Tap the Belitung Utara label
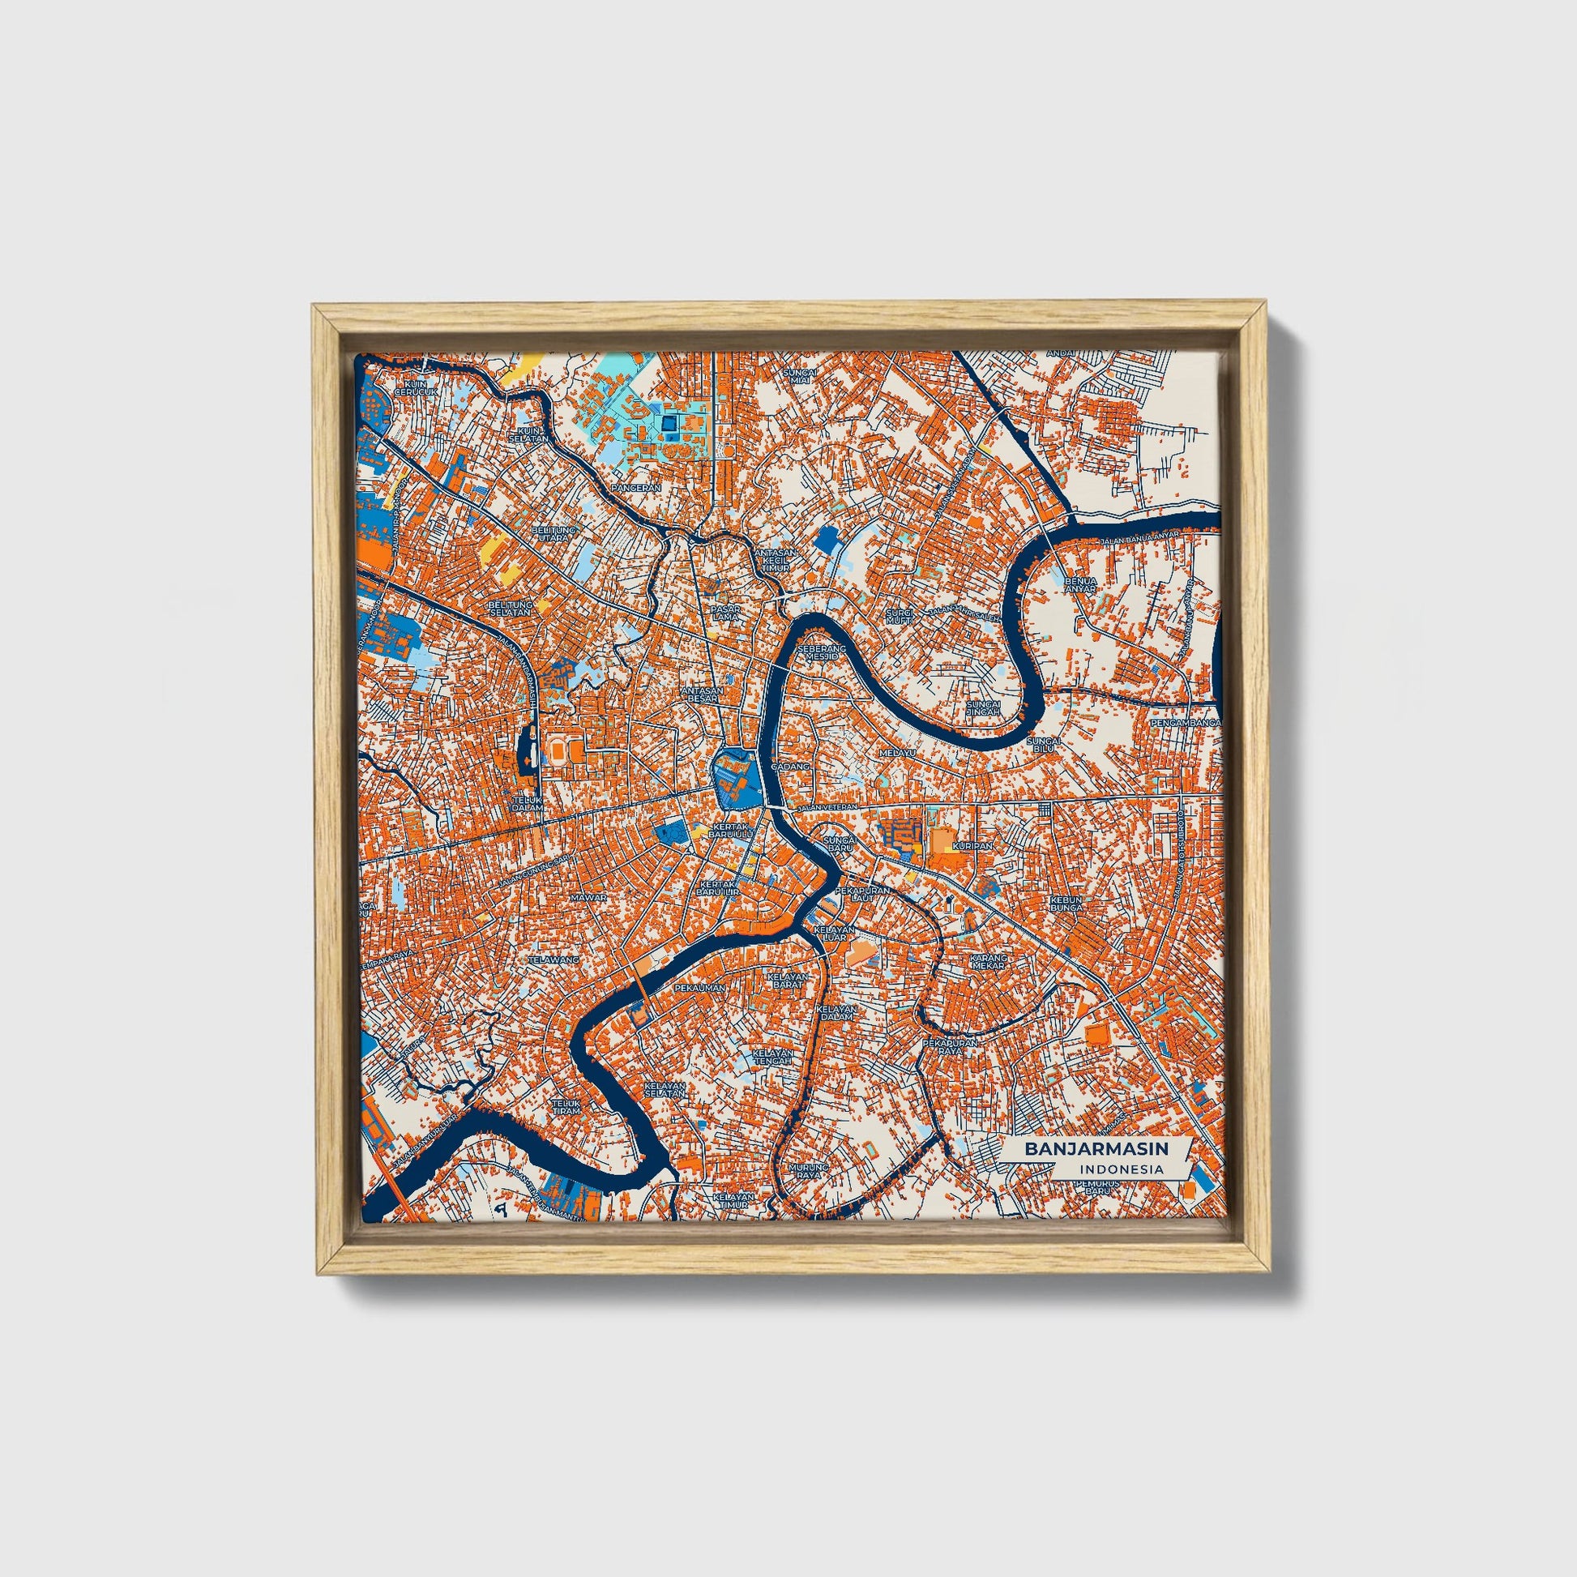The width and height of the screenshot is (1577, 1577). (554, 534)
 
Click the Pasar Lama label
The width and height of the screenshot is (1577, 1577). (723, 613)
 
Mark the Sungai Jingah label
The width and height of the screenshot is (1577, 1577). (982, 707)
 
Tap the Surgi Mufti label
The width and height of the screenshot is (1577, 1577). (902, 615)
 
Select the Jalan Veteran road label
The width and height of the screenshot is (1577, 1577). (828, 807)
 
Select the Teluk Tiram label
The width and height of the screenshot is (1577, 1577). (566, 1107)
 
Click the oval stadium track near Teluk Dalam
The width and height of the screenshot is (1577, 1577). (558, 747)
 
